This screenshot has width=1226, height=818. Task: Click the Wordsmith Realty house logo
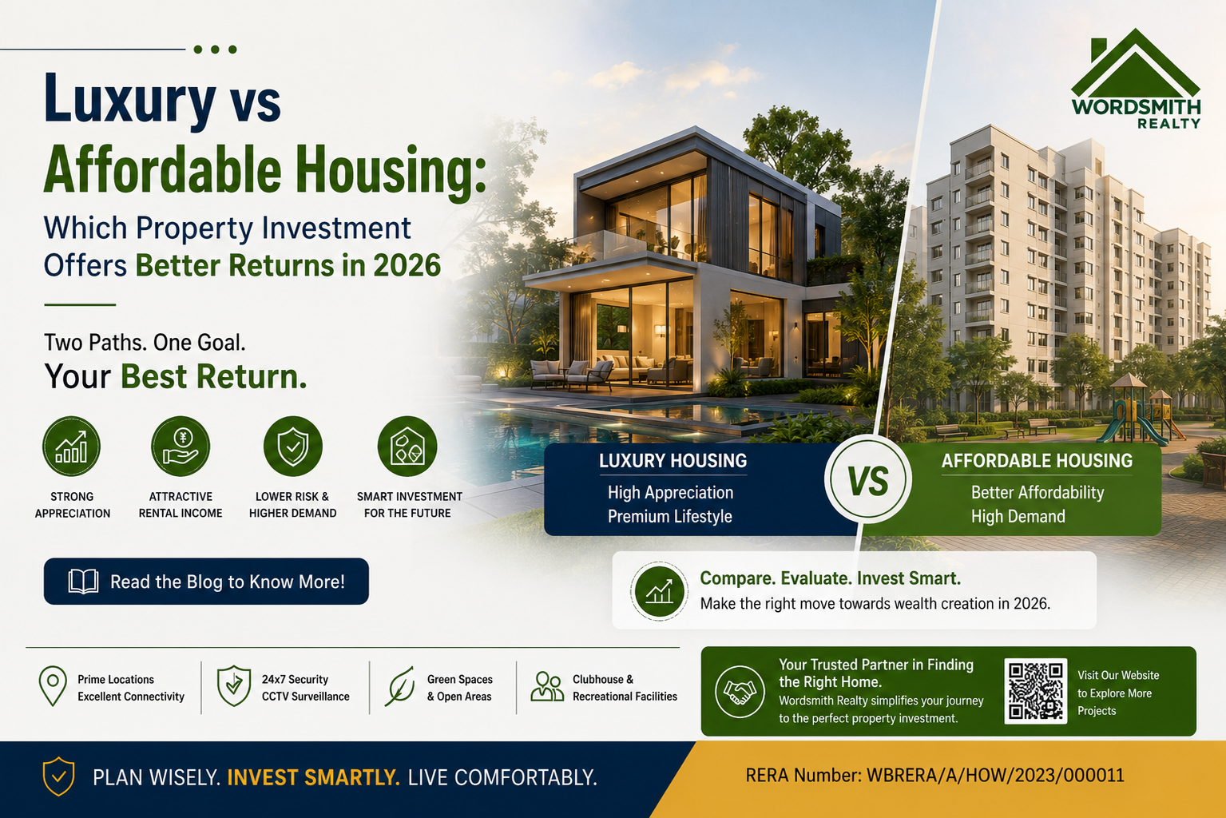point(1136,79)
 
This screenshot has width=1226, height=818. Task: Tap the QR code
point(1036,691)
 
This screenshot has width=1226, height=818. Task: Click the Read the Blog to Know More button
point(206,582)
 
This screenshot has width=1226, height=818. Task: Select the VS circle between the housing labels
point(868,479)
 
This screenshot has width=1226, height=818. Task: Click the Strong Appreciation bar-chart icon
point(71,447)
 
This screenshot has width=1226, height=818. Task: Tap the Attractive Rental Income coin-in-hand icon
point(181,447)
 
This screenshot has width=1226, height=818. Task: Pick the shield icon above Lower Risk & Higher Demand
point(293,447)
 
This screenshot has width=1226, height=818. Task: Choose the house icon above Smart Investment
point(407,447)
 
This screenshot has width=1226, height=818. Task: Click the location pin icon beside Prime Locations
point(53,686)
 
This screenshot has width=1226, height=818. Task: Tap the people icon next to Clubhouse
point(547,687)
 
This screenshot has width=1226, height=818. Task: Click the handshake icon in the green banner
point(740,692)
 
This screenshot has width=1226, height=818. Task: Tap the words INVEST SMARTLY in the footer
point(314,777)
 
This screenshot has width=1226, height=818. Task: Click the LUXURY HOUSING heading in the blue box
point(673,461)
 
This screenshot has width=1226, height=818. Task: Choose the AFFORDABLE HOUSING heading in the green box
point(1038,461)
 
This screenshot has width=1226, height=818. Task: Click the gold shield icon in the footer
point(58,776)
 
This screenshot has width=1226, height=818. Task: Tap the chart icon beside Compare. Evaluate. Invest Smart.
point(659,591)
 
